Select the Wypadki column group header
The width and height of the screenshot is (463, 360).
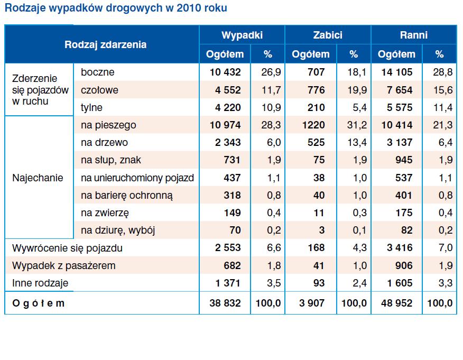pos(242,35)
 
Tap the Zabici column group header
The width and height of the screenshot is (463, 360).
pos(327,35)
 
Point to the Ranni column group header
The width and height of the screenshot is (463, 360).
pos(413,35)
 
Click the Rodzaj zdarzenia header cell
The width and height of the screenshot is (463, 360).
pos(105,45)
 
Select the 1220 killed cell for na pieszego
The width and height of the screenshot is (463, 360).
pos(314,125)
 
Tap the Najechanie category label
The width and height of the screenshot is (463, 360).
pos(38,178)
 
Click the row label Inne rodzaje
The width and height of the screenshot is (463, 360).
pos(40,283)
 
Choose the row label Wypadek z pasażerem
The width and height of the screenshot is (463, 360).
pos(63,266)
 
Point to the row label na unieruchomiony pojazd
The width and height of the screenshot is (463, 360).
pos(137,178)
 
